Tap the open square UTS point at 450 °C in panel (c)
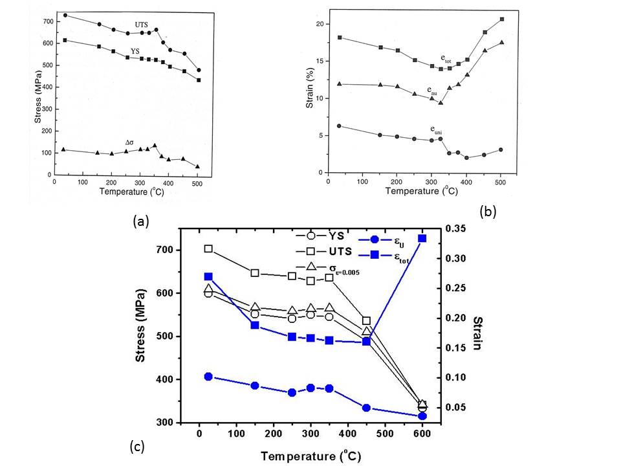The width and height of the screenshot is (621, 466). point(367,320)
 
